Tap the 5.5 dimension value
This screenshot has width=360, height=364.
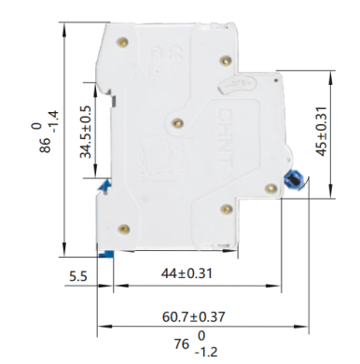click(x=78, y=276)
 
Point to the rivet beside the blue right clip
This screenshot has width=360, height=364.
click(x=270, y=189)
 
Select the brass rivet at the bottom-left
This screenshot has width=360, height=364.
click(x=124, y=225)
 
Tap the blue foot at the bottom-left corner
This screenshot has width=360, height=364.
click(x=107, y=253)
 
